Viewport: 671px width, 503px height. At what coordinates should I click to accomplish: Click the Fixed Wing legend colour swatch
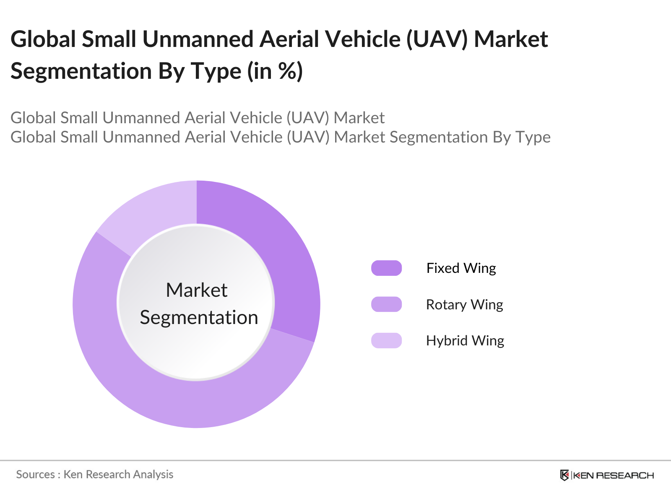coord(386,268)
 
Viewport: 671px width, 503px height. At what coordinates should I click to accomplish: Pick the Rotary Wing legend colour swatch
coord(386,304)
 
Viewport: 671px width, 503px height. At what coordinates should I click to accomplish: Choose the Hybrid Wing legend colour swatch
coord(386,340)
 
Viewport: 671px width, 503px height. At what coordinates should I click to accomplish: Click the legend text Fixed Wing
coord(461,268)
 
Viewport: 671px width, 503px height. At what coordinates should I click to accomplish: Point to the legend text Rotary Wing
coord(464,304)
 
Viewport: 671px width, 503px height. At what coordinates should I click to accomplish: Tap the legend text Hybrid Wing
coord(465,340)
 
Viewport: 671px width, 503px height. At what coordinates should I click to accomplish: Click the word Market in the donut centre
coord(197,290)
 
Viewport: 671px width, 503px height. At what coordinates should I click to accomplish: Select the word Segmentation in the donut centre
coord(199,317)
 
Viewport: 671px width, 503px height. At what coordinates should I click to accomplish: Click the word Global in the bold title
coord(43,39)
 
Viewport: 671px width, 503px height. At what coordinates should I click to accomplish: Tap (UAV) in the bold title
coord(436,39)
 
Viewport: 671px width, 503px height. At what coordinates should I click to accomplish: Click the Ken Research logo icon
coord(564,475)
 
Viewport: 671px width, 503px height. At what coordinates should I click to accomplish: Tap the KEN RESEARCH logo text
coord(613,475)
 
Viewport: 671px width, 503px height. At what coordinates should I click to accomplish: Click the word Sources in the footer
coord(35,474)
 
